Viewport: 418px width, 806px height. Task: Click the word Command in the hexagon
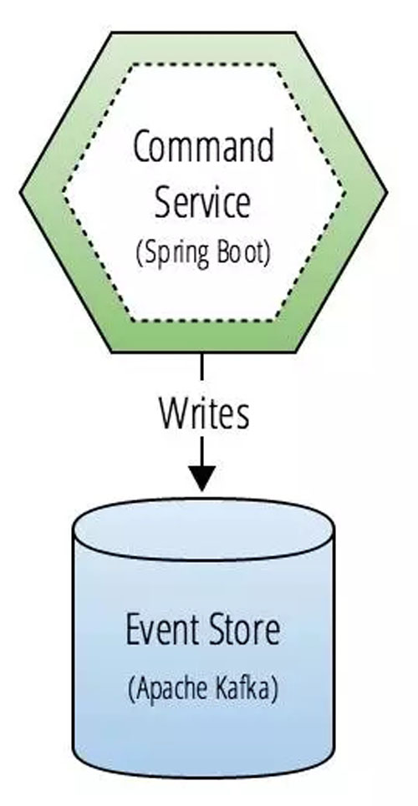tap(204, 147)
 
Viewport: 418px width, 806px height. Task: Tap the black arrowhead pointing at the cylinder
tap(202, 478)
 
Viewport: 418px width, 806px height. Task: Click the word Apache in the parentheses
tap(167, 687)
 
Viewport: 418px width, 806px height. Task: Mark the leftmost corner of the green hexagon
tap(20, 192)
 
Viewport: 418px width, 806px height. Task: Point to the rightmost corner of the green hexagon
tap(387, 192)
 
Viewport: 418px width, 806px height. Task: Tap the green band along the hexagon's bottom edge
tap(204, 337)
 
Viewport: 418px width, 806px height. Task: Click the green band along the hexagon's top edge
tap(204, 48)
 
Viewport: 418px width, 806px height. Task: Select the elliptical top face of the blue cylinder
tap(204, 530)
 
